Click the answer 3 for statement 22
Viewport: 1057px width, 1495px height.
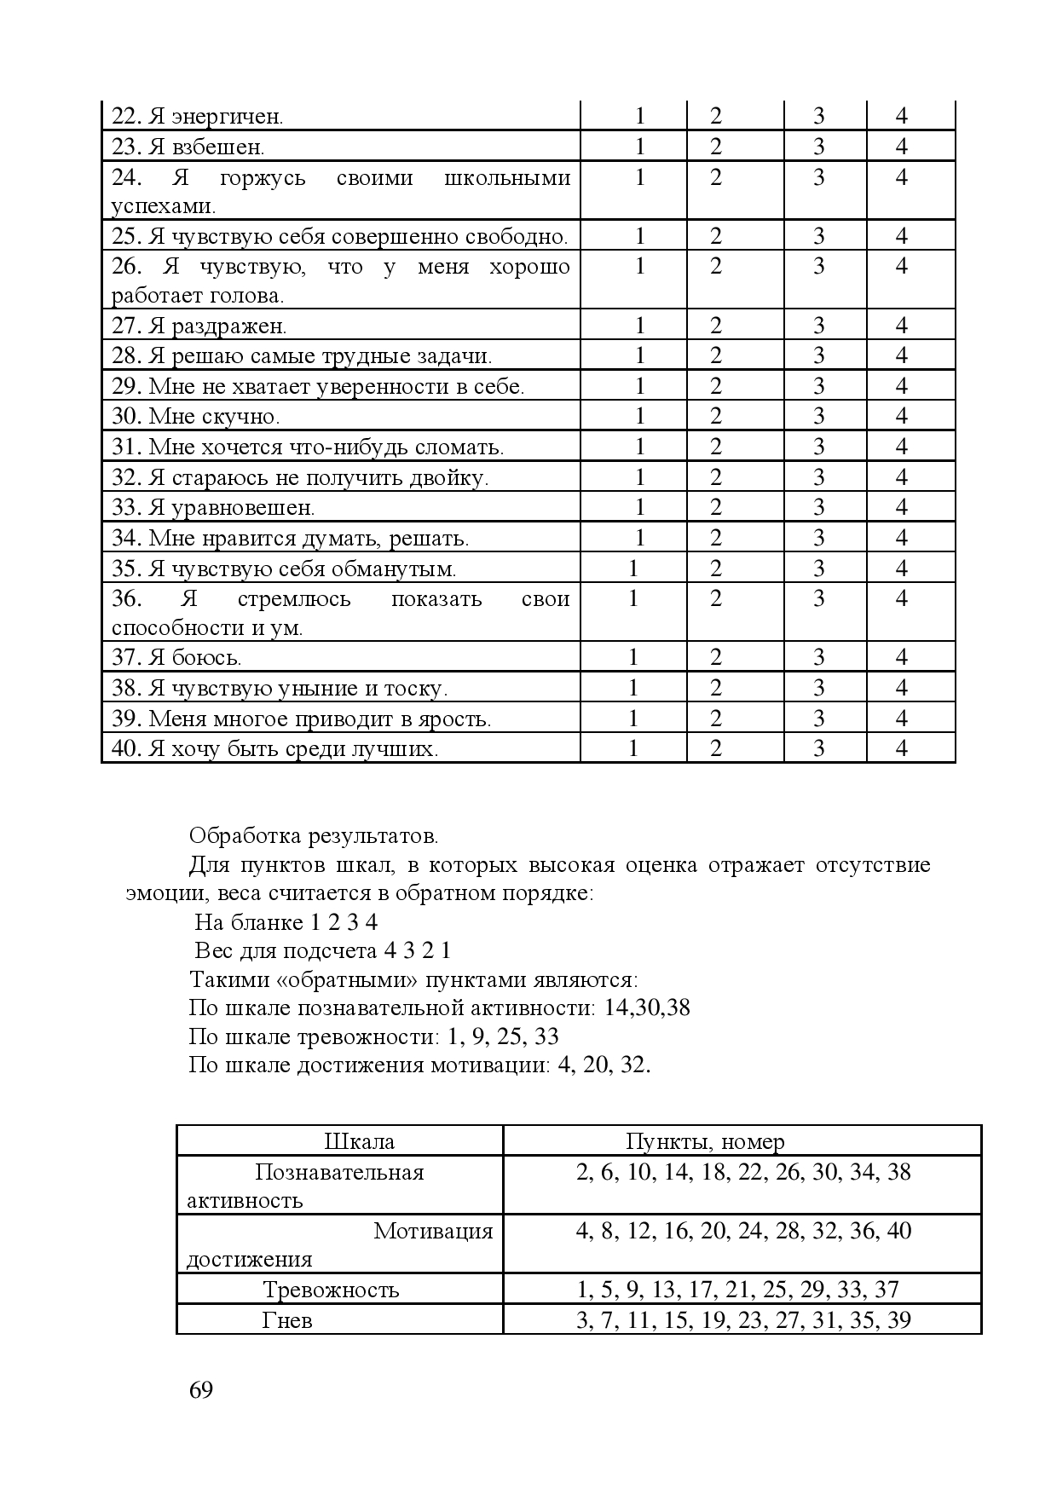point(818,116)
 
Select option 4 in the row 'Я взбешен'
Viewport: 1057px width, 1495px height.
point(902,147)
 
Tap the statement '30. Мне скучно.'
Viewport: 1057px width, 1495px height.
point(196,417)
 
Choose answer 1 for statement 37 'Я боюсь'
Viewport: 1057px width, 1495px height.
point(632,657)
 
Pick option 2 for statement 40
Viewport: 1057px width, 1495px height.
point(716,748)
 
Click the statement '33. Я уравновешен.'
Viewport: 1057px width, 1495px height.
point(214,508)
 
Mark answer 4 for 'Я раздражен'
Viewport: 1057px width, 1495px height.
point(902,326)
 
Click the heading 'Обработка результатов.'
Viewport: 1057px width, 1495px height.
point(314,835)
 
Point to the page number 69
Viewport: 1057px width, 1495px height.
point(201,1390)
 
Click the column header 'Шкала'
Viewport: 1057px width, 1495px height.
point(360,1141)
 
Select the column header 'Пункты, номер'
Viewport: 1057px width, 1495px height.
point(705,1141)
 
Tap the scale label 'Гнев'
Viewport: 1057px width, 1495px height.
point(287,1321)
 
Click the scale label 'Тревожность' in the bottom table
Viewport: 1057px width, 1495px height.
point(331,1290)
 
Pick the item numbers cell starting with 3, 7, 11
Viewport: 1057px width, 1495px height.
point(743,1320)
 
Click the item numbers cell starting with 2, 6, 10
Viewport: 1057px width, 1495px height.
point(743,1172)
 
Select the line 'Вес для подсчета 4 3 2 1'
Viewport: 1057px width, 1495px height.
point(322,950)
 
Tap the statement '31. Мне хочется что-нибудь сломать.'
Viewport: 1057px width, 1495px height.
point(309,447)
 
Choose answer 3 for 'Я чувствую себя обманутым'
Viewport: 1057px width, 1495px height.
point(818,569)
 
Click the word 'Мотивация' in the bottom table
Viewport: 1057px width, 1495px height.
point(433,1231)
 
